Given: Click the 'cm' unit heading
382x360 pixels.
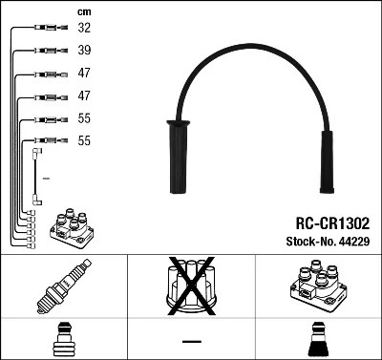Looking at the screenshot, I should (82, 11).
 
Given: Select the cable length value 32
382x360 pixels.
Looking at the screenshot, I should (84, 29).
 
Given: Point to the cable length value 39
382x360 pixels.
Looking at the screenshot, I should (84, 51).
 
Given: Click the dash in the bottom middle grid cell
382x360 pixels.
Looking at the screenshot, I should (191, 341).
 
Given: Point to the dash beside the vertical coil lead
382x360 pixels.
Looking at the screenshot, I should (46, 178).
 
